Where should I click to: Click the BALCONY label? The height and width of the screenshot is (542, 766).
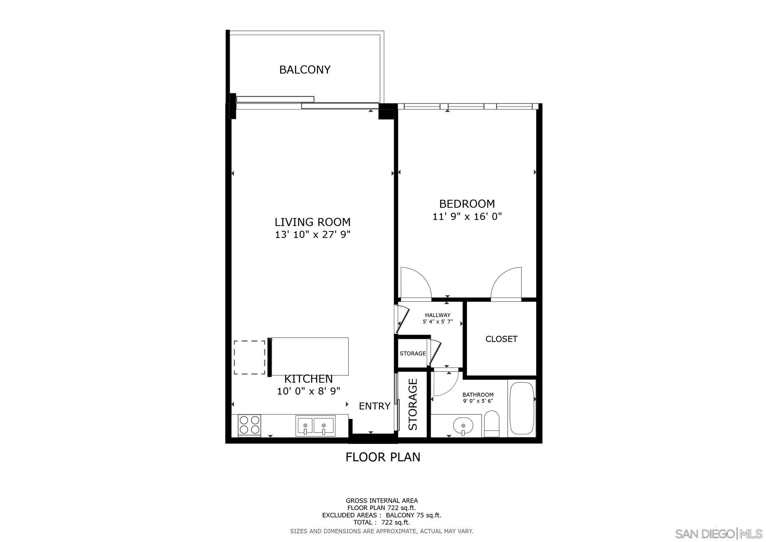pos(305,70)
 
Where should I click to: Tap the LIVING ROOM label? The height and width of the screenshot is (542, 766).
pos(312,222)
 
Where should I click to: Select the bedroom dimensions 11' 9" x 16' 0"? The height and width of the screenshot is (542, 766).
pos(467,217)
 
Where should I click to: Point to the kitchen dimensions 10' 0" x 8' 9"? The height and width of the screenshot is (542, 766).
pos(309,391)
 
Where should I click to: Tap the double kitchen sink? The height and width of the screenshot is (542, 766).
pos(315,426)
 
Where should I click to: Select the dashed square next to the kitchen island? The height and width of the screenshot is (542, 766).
pos(249,358)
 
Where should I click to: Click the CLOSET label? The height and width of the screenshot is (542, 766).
pos(502,339)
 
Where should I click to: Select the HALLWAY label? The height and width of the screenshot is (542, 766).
pos(438,315)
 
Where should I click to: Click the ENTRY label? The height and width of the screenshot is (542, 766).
pos(374,406)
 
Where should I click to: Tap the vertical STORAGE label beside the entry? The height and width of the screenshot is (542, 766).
pos(413,404)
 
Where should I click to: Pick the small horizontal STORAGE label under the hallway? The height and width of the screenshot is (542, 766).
pos(413,353)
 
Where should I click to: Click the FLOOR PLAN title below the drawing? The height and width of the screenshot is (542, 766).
pos(383,457)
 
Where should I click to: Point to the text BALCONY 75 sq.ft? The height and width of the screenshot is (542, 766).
pos(413,515)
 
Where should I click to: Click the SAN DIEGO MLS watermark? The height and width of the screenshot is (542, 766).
pos(718,533)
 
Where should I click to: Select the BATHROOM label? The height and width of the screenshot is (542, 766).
pos(478,395)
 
